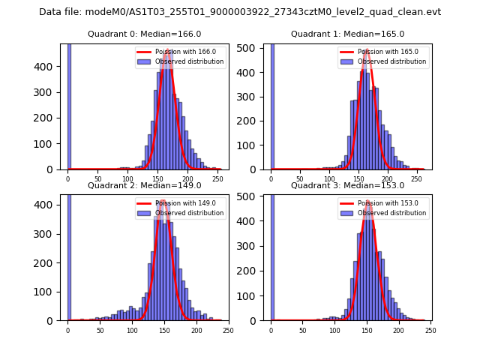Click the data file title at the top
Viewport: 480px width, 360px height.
click(240, 12)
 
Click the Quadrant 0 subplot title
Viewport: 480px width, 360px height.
click(144, 34)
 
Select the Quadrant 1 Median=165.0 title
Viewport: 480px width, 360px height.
click(347, 34)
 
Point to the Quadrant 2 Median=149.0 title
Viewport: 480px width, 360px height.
click(144, 185)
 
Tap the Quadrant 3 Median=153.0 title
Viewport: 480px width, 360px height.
click(347, 185)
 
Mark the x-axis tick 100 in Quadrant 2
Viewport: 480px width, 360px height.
click(132, 330)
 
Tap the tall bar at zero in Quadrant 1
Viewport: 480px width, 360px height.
click(271, 105)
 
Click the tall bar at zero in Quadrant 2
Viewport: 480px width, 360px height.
click(68, 255)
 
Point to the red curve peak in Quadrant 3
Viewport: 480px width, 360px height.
click(367, 201)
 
